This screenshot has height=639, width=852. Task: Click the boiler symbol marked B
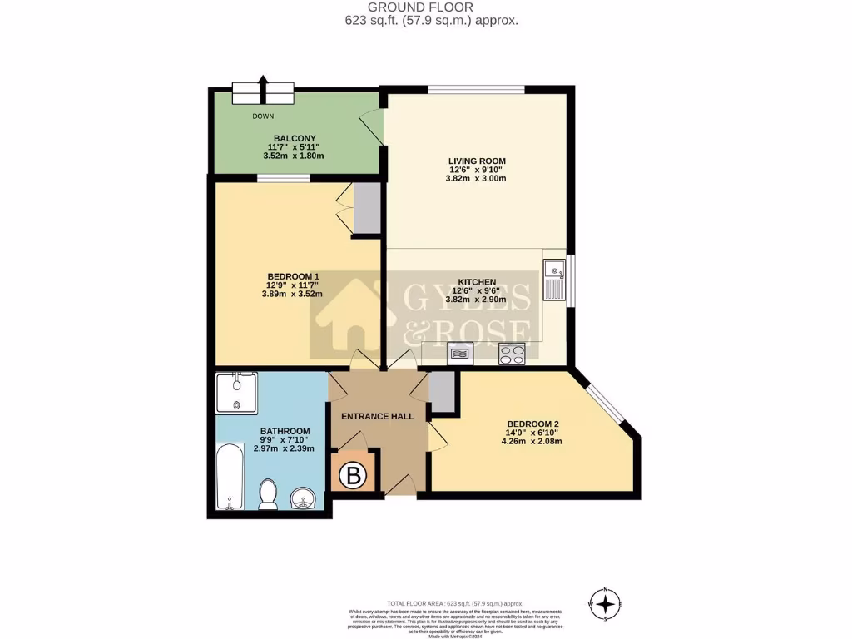pos(354,476)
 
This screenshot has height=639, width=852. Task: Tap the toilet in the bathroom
pos(268,494)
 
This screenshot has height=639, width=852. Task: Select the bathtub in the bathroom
pos(230,478)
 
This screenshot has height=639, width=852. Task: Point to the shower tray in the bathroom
pos(237,393)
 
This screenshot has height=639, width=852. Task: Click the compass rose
pos(607,602)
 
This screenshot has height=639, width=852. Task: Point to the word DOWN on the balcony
pos(263,116)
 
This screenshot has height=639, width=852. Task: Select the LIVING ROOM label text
pos(477,161)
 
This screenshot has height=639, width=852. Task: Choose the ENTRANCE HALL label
pos(378,415)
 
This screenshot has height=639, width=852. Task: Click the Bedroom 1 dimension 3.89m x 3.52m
pos(292,293)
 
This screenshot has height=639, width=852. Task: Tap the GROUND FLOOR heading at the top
pos(425,7)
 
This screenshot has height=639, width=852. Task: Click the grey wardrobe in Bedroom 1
pos(365,208)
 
